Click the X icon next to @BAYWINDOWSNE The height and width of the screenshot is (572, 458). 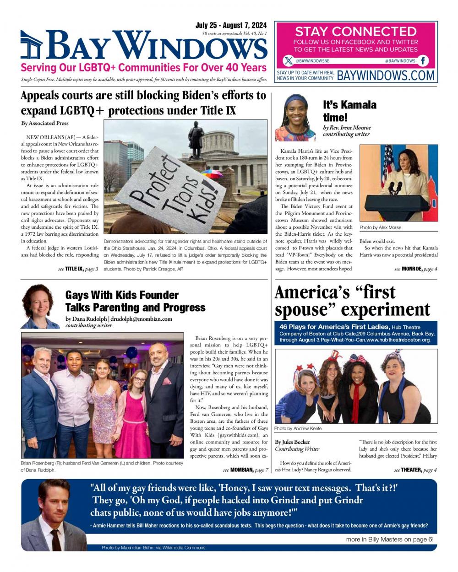[288, 61]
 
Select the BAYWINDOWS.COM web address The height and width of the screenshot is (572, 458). [386, 76]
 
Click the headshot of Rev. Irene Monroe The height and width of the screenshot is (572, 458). [295, 118]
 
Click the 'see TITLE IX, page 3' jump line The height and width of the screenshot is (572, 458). [78, 269]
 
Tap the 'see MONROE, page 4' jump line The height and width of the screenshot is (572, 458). [415, 269]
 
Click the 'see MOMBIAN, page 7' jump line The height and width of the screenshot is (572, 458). [245, 470]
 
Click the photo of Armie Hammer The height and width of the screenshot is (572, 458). [55, 515]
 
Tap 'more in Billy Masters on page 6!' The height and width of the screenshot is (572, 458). [389, 540]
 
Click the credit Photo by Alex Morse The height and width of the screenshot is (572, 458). [380, 227]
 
